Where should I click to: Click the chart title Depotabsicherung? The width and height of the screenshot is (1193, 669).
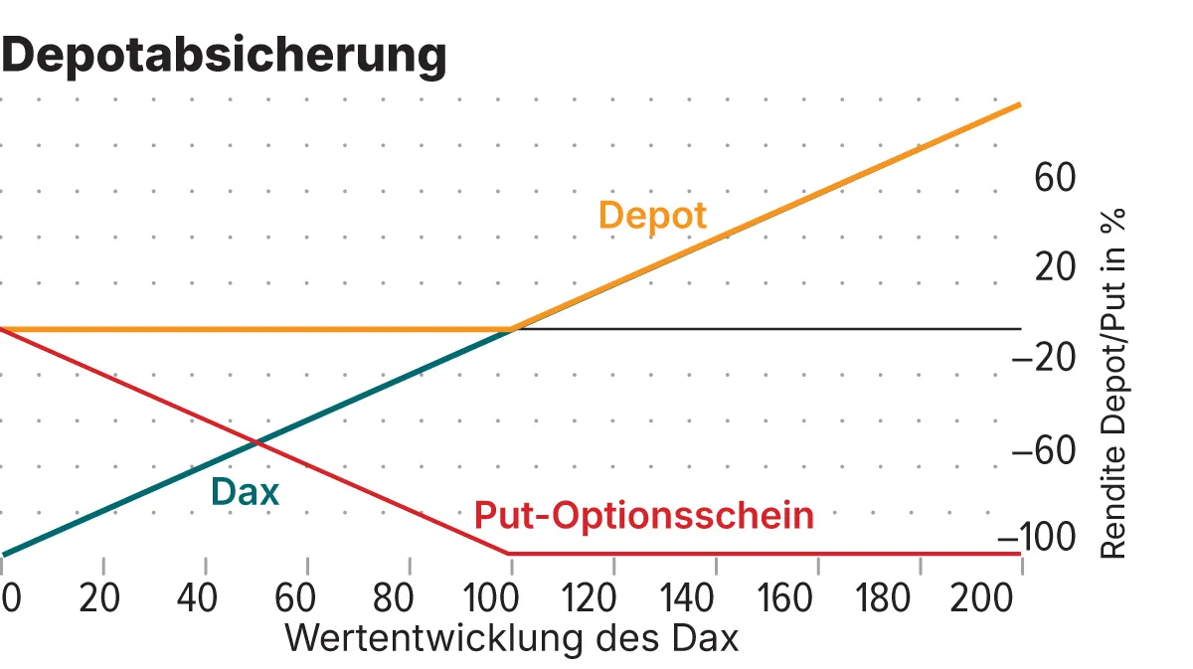coord(224,56)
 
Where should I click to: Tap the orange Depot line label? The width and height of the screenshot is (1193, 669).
coord(652,216)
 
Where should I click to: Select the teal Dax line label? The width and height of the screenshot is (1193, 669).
coord(245,491)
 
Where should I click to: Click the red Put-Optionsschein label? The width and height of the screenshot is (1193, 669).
coord(643,516)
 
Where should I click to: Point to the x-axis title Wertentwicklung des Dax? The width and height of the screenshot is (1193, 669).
coord(512,638)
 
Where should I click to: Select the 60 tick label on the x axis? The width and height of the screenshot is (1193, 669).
coord(295,598)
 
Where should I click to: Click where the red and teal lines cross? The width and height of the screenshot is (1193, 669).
coord(256,441)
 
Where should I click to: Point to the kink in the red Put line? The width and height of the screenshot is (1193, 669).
coord(509,553)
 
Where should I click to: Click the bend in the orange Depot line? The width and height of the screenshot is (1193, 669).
coord(511,328)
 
